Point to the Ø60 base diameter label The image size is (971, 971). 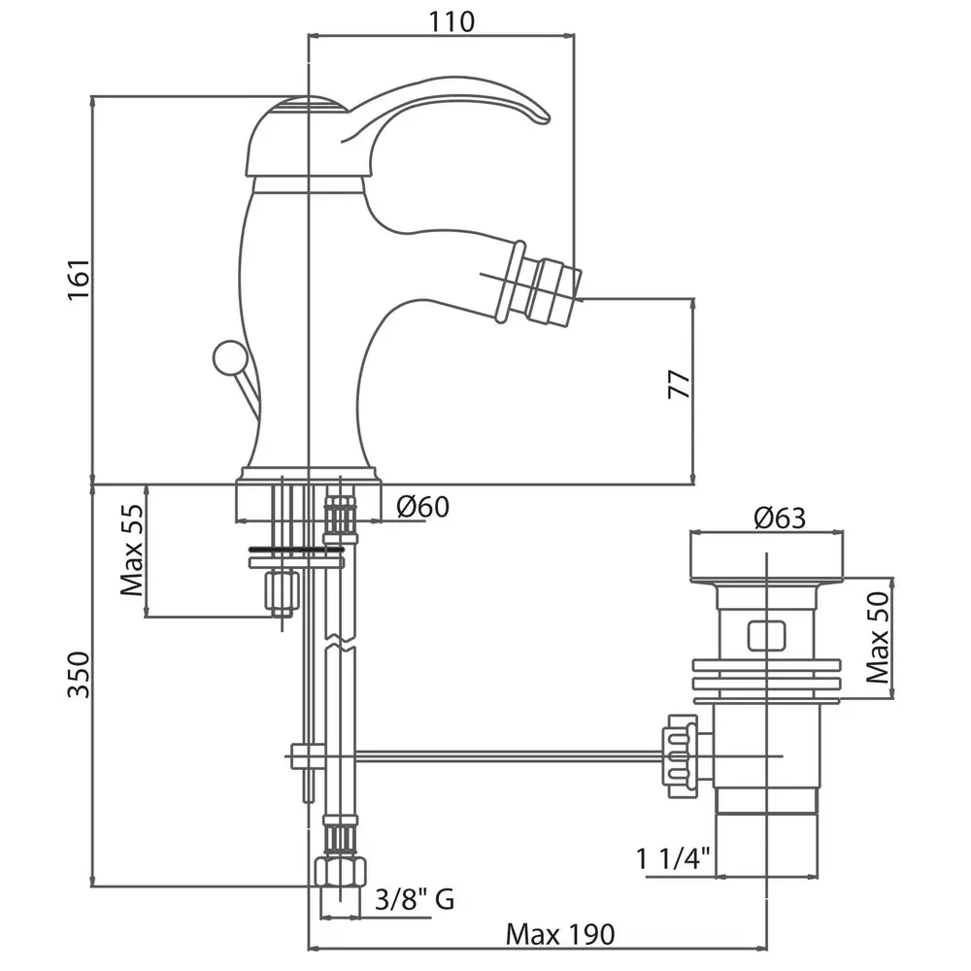(423, 506)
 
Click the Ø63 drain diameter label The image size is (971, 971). (780, 518)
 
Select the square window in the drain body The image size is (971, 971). (766, 636)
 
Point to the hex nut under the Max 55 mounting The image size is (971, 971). (282, 589)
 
